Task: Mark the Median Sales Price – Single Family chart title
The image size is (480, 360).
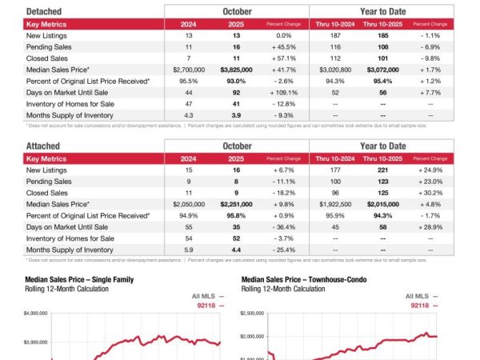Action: coord(79,279)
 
